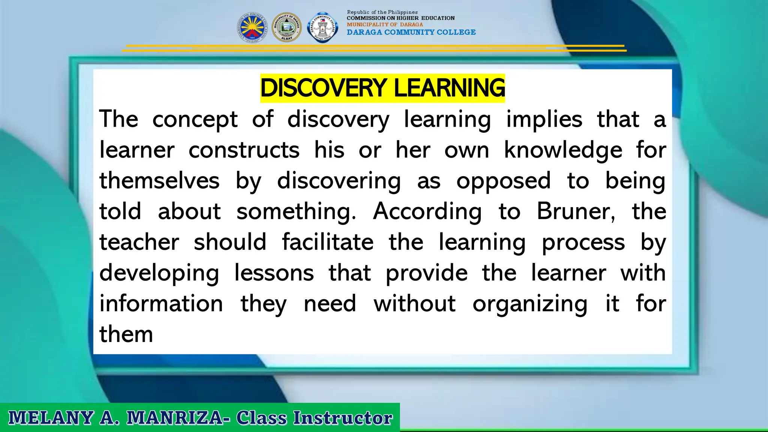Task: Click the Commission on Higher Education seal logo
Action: point(252,27)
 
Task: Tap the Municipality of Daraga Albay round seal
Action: point(286,27)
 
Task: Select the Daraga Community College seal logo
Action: point(322,27)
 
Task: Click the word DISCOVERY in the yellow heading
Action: point(323,88)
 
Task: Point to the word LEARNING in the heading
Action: point(449,88)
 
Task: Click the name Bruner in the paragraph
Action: point(575,211)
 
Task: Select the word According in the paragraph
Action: point(427,211)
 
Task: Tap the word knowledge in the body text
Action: point(563,150)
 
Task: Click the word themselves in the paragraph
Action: point(159,181)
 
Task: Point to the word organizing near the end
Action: point(529,304)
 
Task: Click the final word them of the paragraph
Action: point(126,334)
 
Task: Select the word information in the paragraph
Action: point(161,304)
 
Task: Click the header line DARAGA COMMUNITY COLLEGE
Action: point(411,32)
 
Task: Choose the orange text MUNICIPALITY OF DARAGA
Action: point(385,24)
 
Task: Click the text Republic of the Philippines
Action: point(382,12)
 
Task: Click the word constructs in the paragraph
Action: point(244,150)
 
